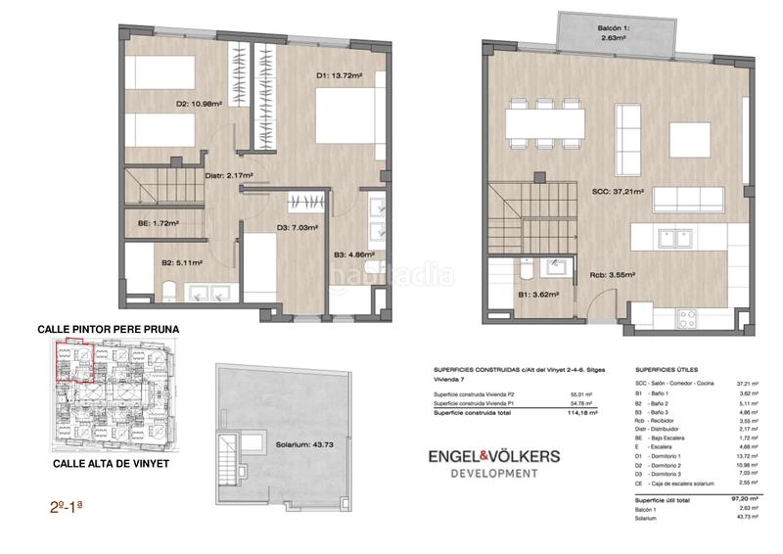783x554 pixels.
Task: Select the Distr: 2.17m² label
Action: tap(228, 176)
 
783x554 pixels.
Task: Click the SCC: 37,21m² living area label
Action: tap(618, 194)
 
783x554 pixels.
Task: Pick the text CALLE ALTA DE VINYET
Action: tap(94, 460)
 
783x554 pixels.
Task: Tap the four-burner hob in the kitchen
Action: tap(686, 317)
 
